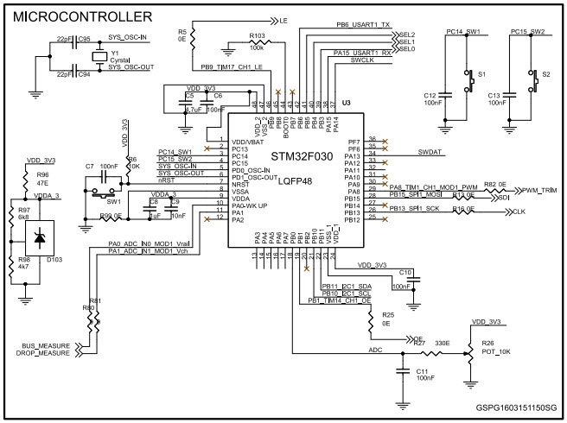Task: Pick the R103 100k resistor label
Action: click(258, 37)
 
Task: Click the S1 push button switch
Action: click(470, 77)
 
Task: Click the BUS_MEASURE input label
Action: click(44, 346)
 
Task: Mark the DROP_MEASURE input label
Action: click(42, 354)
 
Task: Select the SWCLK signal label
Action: click(364, 61)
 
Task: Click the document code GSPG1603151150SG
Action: click(516, 407)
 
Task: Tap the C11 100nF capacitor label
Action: click(424, 374)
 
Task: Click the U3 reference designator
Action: click(346, 104)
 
